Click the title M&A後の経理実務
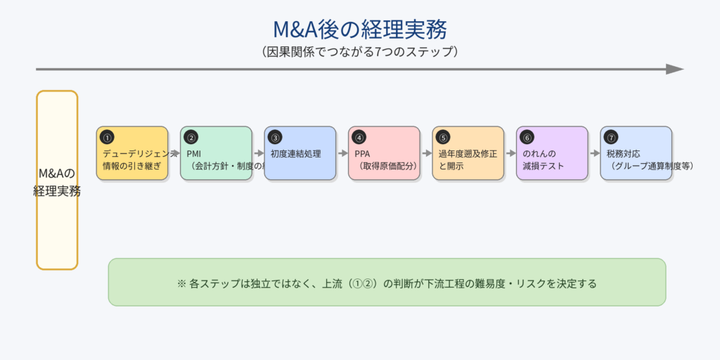[359, 30]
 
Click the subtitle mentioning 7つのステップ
[359, 52]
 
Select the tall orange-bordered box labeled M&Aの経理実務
[57, 180]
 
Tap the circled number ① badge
[107, 138]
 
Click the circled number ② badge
[191, 138]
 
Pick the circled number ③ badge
[275, 138]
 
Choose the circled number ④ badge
[359, 138]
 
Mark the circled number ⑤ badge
[442, 138]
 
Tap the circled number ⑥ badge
[527, 138]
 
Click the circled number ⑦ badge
[610, 138]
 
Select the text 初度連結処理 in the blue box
[295, 153]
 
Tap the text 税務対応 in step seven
[623, 153]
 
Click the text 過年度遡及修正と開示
[468, 160]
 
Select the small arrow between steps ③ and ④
[342, 153]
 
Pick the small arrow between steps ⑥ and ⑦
[594, 153]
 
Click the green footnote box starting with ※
[387, 282]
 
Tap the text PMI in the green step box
[194, 153]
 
